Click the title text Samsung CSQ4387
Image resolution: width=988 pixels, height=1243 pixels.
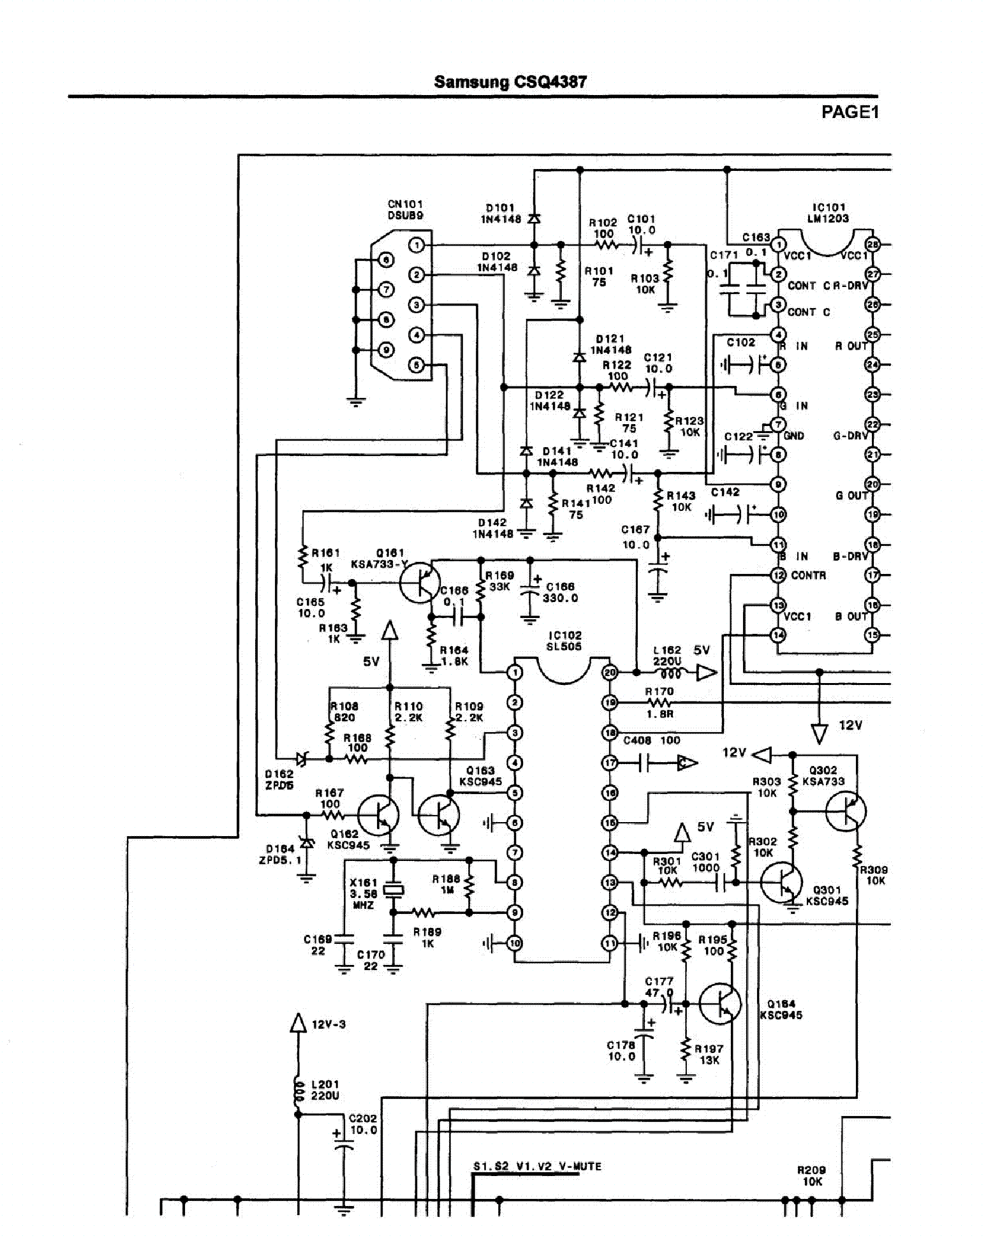510,82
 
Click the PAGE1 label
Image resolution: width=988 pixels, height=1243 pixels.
850,112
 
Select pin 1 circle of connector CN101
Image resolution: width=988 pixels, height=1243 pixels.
416,245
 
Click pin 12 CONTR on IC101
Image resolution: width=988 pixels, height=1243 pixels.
778,575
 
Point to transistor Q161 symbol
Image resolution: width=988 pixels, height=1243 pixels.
420,582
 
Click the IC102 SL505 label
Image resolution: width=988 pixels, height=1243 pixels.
564,640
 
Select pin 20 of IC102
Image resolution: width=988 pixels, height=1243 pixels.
610,672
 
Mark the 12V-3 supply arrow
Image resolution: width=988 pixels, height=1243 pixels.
298,1024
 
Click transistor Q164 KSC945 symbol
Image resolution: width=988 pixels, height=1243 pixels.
720,1004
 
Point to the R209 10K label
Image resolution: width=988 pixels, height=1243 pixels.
811,1175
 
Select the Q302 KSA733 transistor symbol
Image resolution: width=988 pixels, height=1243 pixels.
846,811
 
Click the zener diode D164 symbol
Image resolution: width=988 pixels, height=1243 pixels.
307,843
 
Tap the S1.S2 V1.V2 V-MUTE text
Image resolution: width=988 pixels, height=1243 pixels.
537,1166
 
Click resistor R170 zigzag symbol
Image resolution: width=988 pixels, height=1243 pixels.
659,703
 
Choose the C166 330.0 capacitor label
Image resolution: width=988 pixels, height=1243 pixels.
560,592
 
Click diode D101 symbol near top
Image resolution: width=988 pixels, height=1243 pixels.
535,219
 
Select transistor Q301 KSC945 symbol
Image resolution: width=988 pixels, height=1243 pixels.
782,883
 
